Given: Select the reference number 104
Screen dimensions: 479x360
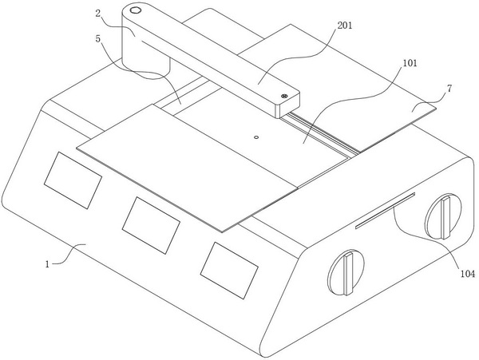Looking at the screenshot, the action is pos(467,273).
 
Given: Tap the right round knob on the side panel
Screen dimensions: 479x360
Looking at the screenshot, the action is pos(442,216).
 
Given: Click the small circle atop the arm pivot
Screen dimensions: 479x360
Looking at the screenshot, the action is pos(135,11).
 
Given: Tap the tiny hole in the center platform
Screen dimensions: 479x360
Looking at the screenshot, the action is pos(255,136).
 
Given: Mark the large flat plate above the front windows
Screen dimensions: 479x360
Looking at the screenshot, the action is pos(192,164).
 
